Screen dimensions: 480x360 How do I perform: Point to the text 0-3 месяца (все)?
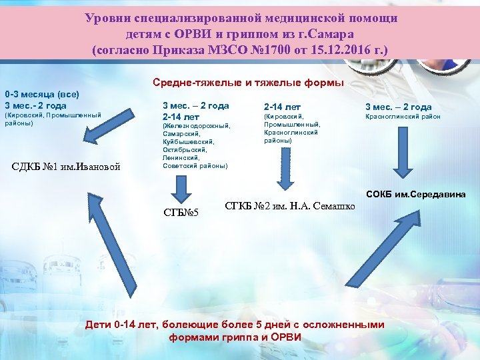click(42, 95)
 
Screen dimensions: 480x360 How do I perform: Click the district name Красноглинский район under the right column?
click(403, 118)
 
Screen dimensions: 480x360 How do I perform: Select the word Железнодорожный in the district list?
click(196, 125)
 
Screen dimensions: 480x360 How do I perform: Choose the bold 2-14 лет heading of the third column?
click(283, 106)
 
